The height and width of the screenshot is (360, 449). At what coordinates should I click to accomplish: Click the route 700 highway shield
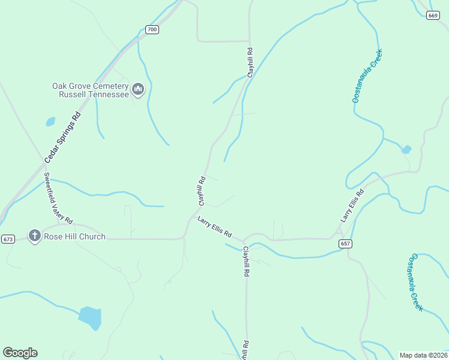coord(152,29)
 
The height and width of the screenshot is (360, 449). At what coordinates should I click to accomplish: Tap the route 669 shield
coord(433,15)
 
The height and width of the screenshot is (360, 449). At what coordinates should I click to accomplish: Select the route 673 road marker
coord(8,239)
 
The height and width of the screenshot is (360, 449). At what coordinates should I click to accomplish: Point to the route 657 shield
coord(345,244)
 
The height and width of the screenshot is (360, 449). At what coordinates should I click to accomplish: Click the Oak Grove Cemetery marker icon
coord(139,90)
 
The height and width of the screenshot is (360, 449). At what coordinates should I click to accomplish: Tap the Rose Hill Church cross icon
coord(35,236)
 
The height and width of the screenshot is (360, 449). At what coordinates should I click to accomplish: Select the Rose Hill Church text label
coord(74,236)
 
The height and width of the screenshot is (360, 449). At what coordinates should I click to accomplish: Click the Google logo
coord(20,353)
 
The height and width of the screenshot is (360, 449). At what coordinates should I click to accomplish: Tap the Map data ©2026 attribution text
coord(423,355)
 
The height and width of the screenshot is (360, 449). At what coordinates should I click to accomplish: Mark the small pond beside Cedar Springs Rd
coord(50,122)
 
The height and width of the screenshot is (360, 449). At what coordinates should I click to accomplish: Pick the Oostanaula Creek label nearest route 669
coord(367,76)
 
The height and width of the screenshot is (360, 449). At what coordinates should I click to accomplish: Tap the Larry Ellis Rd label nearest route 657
coord(352,206)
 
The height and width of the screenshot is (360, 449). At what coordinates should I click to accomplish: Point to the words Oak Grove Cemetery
coord(90,86)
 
